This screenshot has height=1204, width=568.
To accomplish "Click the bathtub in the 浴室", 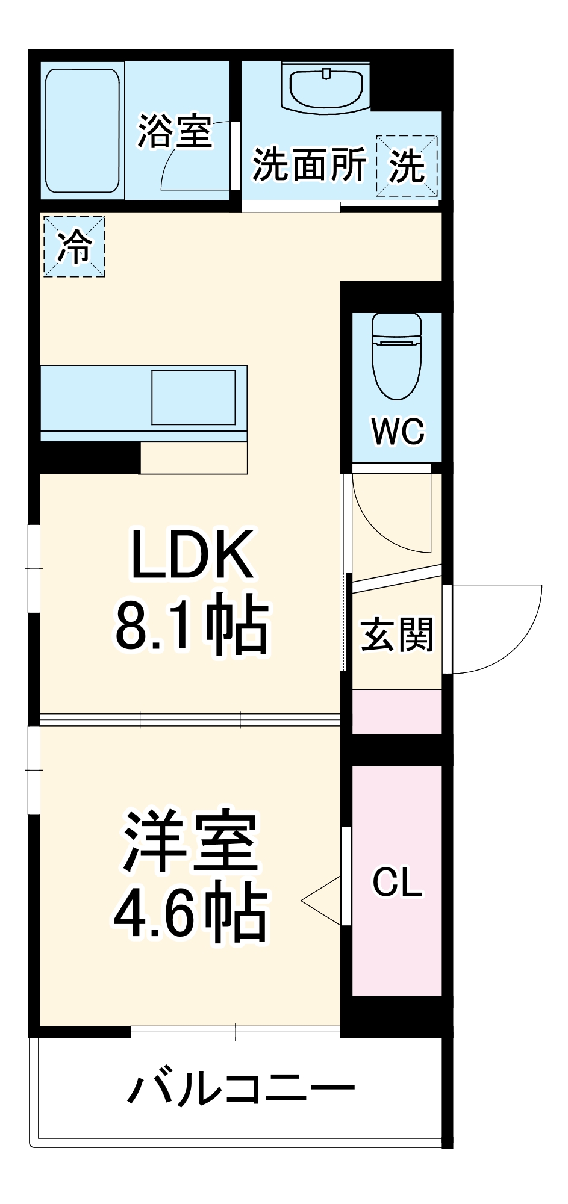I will click(x=83, y=131).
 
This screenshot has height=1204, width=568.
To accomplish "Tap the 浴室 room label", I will click(x=175, y=131).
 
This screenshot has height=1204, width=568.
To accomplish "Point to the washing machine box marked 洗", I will click(x=407, y=166).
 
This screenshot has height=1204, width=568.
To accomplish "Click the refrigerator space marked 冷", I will click(x=74, y=246).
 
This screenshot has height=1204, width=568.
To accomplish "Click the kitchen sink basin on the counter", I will click(x=193, y=398).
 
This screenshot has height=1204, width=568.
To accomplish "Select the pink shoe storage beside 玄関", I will click(x=396, y=712).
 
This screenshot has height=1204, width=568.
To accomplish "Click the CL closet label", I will click(x=397, y=883).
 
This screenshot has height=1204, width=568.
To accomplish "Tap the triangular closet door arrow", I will click(x=322, y=901).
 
